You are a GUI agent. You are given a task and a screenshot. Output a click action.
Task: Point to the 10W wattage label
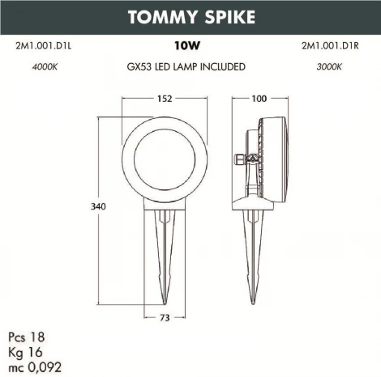point(186,47)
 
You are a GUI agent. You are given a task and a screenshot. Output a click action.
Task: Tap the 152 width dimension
point(165,99)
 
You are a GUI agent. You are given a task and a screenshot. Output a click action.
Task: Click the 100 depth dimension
point(259,99)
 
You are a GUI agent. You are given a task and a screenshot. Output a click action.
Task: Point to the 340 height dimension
point(97,207)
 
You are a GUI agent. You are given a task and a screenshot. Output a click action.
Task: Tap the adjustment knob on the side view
point(241,159)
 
